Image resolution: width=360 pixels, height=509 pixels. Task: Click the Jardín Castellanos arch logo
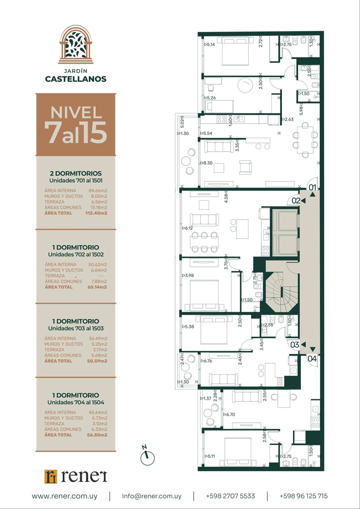(x=76, y=45)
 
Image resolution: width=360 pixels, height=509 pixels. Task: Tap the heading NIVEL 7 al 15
(x=76, y=125)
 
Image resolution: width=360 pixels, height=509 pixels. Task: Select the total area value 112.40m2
(x=96, y=213)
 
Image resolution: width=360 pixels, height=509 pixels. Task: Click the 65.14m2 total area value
(x=97, y=287)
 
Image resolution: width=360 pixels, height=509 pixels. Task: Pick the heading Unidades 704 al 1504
(x=76, y=402)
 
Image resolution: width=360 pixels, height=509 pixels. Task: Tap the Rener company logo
(x=76, y=476)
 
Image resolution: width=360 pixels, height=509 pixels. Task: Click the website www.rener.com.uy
(x=64, y=496)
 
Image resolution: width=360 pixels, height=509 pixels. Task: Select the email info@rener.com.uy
(x=152, y=496)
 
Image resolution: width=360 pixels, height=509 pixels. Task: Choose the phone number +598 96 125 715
(x=304, y=496)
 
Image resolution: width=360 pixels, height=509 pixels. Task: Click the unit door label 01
(x=312, y=187)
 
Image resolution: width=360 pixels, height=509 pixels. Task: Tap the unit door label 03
(x=295, y=345)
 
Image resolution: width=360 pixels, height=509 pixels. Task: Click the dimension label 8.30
(x=207, y=163)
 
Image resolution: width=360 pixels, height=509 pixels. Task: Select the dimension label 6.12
(x=187, y=228)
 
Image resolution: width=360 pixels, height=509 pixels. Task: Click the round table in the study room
(x=245, y=85)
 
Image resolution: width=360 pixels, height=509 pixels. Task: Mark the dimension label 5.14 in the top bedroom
(x=209, y=45)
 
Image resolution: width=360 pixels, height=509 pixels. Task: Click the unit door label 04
(x=312, y=358)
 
